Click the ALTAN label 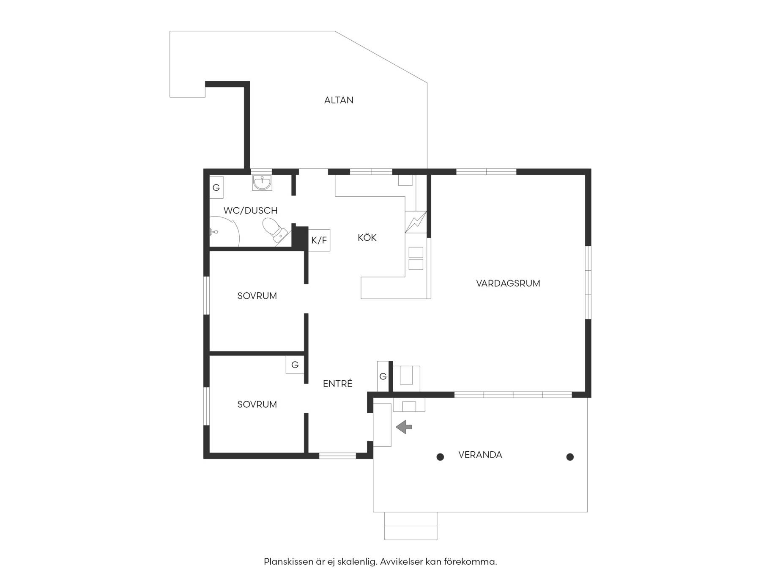pos(339,100)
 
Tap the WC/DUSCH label pos(250,210)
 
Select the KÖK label pos(367,237)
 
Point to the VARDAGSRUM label pos(508,283)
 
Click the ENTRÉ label pos(337,383)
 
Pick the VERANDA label pos(480,455)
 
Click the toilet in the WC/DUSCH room pos(274,231)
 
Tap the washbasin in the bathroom pos(262,183)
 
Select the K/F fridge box pos(319,240)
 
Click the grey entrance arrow pos(404,427)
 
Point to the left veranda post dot pos(440,457)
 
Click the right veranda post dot pos(570,457)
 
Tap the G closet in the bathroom pos(216,187)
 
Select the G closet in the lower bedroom pos(295,365)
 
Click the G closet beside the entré pos(383,376)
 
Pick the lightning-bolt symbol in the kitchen pos(416,222)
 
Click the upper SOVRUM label pos(257,296)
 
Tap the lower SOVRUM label pos(257,404)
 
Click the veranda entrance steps pos(411,526)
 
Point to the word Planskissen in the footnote pos(289,562)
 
